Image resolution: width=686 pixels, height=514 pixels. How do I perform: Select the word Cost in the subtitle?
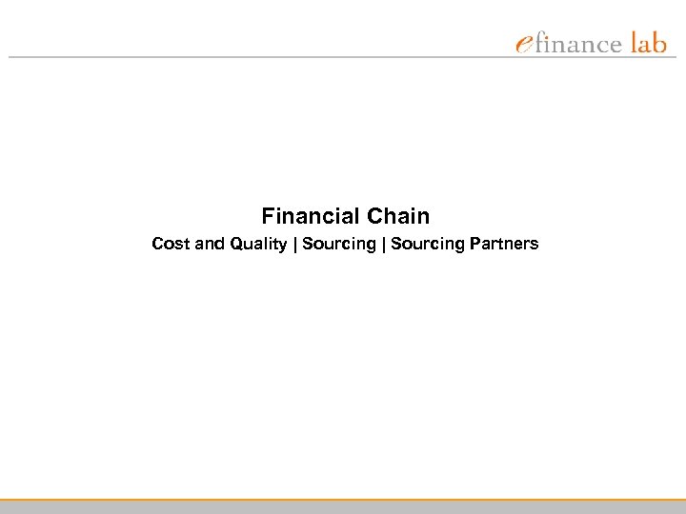(x=171, y=244)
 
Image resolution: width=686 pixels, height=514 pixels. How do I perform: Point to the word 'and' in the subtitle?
(x=208, y=244)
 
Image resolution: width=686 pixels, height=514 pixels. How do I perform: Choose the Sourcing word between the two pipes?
(x=339, y=245)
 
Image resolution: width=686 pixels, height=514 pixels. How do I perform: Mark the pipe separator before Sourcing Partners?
(x=383, y=245)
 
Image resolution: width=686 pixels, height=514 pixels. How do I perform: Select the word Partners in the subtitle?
(x=503, y=244)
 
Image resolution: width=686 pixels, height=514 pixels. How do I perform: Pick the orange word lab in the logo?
(x=648, y=43)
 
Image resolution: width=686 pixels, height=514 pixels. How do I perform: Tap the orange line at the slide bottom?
(x=343, y=500)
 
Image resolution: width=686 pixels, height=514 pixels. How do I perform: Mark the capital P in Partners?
(x=471, y=244)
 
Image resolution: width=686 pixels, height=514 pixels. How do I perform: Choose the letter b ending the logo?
(x=659, y=43)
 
